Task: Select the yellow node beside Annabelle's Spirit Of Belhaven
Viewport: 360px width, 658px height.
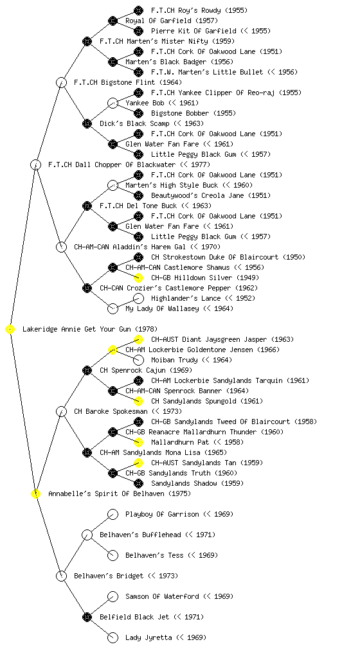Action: click(x=36, y=493)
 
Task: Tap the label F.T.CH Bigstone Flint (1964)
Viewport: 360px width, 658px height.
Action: click(x=128, y=82)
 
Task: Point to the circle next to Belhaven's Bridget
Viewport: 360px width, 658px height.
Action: click(x=61, y=576)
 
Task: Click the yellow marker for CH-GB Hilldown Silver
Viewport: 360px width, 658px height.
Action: click(x=138, y=278)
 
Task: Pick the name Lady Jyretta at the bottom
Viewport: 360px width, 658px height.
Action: click(x=148, y=637)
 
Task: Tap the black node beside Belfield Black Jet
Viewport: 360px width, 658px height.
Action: click(x=87, y=617)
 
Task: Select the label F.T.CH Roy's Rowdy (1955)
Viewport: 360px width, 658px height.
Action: click(x=199, y=10)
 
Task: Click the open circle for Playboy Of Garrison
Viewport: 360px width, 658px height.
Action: click(x=113, y=514)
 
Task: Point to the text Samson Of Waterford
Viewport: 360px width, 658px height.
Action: click(x=162, y=596)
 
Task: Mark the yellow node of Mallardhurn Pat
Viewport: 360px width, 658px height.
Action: click(x=138, y=442)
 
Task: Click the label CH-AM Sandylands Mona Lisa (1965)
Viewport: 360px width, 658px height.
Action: click(x=163, y=452)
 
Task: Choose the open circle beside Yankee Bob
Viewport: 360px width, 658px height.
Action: click(x=113, y=103)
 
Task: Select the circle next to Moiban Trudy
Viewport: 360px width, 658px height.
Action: click(x=138, y=360)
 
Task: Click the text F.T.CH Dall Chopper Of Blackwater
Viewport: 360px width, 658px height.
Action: click(x=112, y=164)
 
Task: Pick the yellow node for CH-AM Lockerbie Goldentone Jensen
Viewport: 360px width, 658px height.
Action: click(x=113, y=350)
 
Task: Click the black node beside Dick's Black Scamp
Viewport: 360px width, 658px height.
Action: click(x=87, y=123)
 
